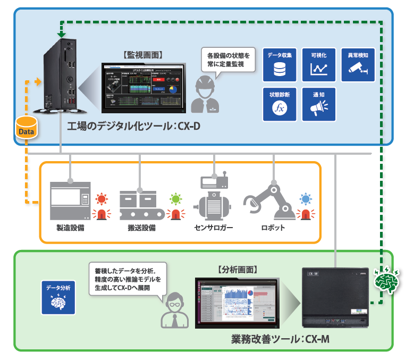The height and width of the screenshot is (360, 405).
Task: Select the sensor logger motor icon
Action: (214, 197)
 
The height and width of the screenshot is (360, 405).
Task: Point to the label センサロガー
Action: (213, 228)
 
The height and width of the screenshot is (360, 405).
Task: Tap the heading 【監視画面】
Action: (142, 54)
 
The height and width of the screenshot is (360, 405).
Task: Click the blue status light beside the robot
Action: (305, 200)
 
